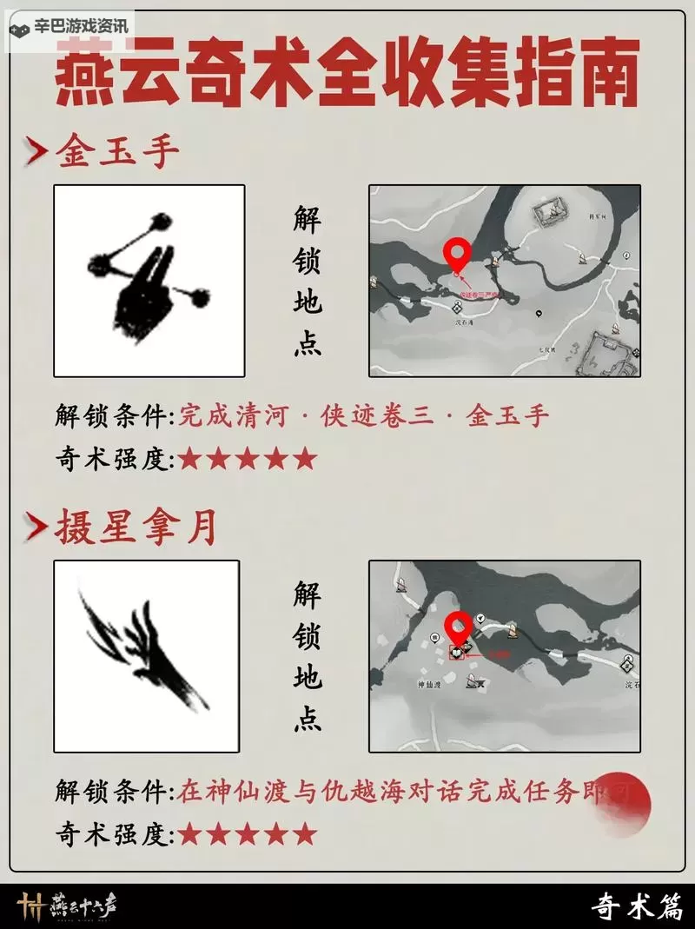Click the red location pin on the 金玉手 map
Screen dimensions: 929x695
pos(457,254)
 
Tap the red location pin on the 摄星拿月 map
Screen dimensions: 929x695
pos(458,627)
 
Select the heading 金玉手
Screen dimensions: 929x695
pos(117,152)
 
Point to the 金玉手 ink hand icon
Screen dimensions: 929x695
pos(149,281)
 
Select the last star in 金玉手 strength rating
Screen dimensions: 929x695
pos(304,459)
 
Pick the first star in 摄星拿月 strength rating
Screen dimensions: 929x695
pos(189,835)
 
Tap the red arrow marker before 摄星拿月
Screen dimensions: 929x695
pos(36,528)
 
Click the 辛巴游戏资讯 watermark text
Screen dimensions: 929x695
pos(80,26)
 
